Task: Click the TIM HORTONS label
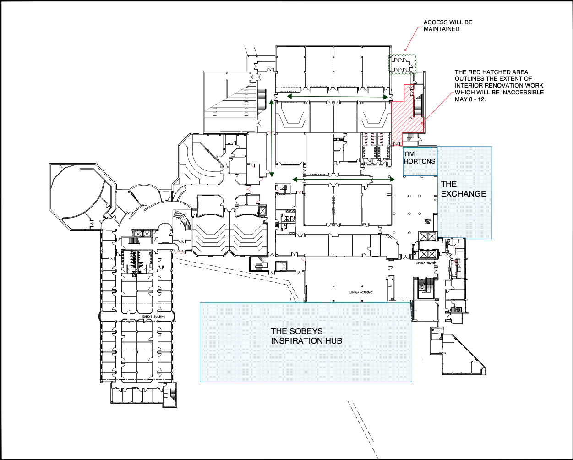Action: (x=419, y=158)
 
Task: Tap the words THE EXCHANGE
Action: (x=463, y=189)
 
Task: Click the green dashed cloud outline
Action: (x=402, y=63)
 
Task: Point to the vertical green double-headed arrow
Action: (x=272, y=138)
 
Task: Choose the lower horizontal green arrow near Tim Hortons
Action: (x=343, y=179)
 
